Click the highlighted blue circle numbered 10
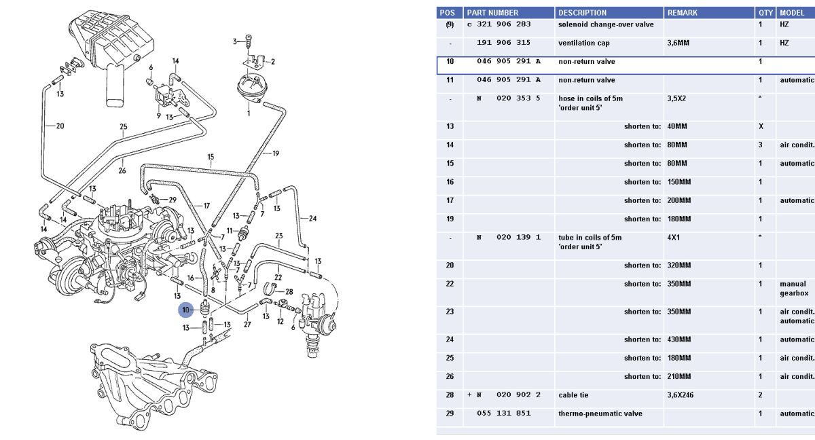pos(186,310)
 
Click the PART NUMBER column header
pos(492,13)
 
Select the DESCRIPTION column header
pos(583,13)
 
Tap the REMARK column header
pos(682,13)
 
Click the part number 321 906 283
pos(503,24)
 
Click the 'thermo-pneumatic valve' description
pos(600,414)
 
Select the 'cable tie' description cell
pos(573,395)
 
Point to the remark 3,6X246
pos(680,395)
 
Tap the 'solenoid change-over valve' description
pos(606,24)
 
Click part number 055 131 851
pos(503,413)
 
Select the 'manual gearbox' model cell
pos(794,289)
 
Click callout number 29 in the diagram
pos(173,200)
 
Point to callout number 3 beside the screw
pos(235,41)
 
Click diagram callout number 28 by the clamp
pos(289,291)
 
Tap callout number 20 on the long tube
pos(60,126)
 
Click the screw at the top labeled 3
pos(249,41)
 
